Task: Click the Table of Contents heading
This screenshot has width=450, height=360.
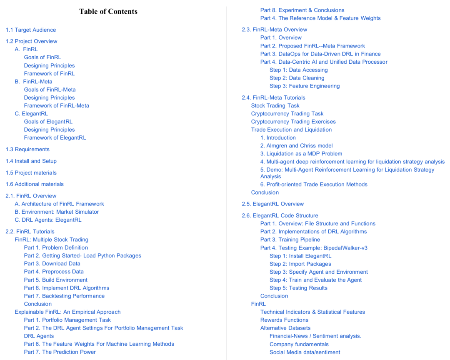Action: point(108,12)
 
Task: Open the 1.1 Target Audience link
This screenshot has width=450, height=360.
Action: point(31,30)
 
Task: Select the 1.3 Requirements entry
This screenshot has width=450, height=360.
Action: point(27,150)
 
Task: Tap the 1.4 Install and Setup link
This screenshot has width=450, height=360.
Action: point(31,161)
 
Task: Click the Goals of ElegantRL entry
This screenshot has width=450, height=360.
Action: point(48,122)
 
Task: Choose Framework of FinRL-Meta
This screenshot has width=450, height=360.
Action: point(57,106)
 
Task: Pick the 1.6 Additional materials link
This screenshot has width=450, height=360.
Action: point(35,184)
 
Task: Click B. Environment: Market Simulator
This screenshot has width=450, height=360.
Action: point(57,212)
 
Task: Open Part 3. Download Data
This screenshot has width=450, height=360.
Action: point(52,264)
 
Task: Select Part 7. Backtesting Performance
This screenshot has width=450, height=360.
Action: point(64,296)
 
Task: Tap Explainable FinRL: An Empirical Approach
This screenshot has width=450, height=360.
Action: point(67,312)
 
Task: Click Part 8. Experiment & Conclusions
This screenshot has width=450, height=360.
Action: point(302,10)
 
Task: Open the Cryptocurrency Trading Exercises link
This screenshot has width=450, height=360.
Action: point(293,122)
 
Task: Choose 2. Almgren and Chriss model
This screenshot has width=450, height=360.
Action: point(297,146)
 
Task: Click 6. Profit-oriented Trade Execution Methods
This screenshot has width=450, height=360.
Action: point(314,185)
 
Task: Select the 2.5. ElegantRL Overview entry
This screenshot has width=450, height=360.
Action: point(273,204)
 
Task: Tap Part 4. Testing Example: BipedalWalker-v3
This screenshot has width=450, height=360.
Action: point(314,248)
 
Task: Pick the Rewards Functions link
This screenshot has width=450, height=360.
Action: point(285,320)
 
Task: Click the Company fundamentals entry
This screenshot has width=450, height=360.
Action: point(299,344)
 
